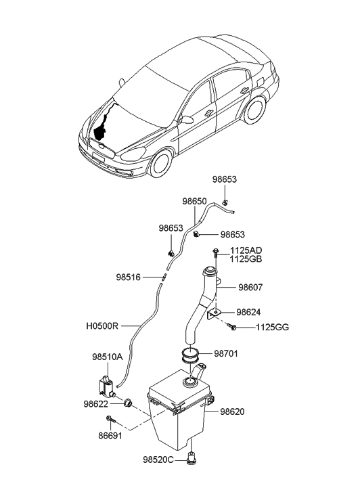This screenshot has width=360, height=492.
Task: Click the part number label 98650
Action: (194, 201)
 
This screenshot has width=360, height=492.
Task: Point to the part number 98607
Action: (249, 287)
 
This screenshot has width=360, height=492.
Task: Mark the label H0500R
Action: (103, 326)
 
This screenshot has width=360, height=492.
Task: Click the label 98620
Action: (232, 411)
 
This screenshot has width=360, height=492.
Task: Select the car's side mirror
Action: (186, 120)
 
